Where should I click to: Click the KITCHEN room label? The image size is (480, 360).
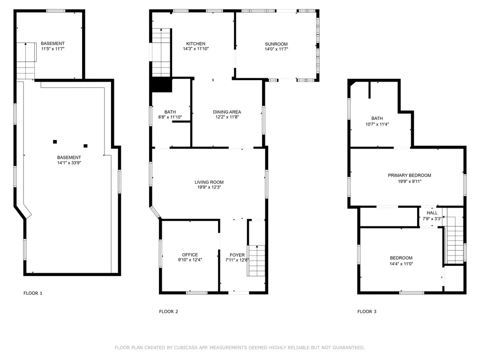[x=195, y=44]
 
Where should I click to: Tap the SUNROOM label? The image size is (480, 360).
[x=276, y=44]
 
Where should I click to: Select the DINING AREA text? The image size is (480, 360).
[x=227, y=112]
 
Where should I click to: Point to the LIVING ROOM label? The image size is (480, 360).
[x=209, y=182]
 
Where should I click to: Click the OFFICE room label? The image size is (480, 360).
[x=190, y=255]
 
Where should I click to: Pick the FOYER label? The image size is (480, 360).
[x=237, y=255]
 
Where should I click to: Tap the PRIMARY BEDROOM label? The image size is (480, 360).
[x=409, y=175]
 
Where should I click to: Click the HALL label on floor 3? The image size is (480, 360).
[x=432, y=213]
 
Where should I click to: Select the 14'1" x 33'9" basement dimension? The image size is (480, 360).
[x=69, y=163]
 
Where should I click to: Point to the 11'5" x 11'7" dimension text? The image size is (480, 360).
[x=53, y=49]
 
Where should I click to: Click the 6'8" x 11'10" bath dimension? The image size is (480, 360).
[x=170, y=117]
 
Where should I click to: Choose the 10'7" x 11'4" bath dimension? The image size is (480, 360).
[x=377, y=124]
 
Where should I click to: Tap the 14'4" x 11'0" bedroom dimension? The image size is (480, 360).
[x=401, y=263]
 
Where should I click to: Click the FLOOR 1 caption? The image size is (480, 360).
[x=33, y=293]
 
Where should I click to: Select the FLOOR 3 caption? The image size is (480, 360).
[x=367, y=312]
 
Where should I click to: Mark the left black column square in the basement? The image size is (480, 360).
[x=55, y=142]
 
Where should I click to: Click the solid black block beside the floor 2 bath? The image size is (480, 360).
[x=161, y=84]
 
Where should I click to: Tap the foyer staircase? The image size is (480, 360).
[x=256, y=261]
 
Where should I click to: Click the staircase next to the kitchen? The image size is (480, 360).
[x=161, y=52]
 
